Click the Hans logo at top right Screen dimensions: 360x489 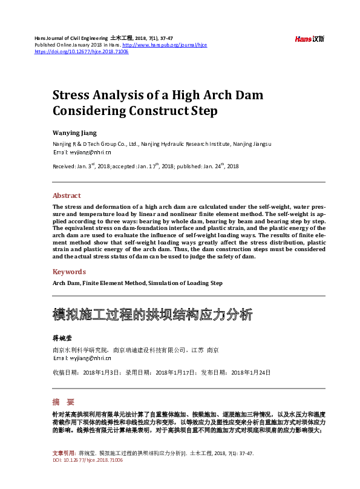point(310,39)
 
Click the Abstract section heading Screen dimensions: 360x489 point(67,195)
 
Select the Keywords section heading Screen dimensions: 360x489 point(69,272)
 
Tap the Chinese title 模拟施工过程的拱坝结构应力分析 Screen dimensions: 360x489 point(152,315)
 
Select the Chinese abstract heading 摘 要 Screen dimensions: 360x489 point(63,402)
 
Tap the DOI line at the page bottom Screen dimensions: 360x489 point(87,460)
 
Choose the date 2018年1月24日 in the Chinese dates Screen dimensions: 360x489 point(251,372)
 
